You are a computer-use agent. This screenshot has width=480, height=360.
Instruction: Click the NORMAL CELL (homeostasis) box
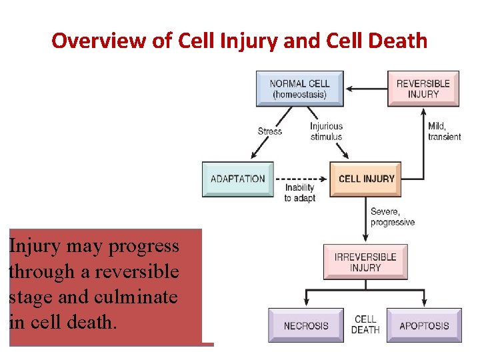(299, 89)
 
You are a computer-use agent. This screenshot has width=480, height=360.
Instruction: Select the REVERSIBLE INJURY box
(423, 89)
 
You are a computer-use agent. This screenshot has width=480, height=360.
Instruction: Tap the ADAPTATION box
(237, 179)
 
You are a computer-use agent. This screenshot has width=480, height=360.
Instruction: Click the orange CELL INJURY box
(366, 179)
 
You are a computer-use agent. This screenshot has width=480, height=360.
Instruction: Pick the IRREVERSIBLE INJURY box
(365, 262)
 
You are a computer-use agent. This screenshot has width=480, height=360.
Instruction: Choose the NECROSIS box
(306, 326)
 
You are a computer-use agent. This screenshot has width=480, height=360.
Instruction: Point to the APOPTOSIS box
(424, 326)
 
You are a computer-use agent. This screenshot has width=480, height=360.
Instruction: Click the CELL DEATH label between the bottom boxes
(365, 325)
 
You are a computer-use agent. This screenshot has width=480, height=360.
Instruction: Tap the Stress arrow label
(270, 131)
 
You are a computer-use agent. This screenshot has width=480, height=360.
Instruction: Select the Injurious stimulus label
(326, 131)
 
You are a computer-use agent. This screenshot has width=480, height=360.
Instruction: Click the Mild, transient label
(444, 131)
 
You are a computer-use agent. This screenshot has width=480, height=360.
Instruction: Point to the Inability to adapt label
(299, 193)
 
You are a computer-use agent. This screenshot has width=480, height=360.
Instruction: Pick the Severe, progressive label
(393, 217)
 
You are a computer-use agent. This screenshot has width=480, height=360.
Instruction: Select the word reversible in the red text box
(137, 271)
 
